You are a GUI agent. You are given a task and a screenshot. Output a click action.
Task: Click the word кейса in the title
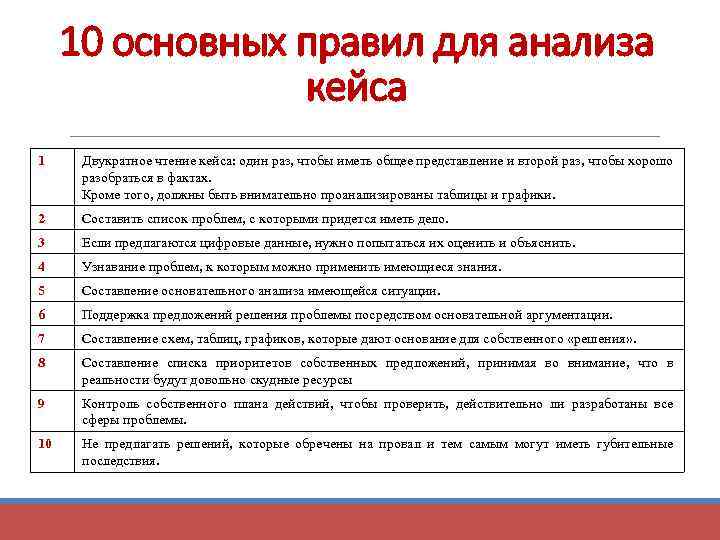pos(359,88)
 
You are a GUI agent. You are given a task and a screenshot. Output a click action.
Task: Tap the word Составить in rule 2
pos(112,219)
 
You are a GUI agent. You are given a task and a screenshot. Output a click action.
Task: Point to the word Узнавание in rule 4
pos(114,267)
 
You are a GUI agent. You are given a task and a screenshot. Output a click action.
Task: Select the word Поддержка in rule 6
pos(115,315)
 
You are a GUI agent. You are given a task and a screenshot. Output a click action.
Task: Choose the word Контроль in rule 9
pos(110,404)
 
